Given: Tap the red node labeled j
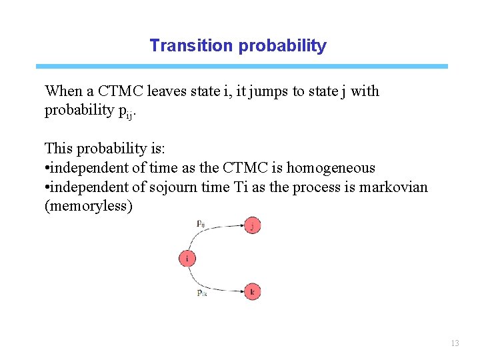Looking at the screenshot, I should click(252, 226).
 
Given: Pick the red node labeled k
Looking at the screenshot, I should click(252, 291).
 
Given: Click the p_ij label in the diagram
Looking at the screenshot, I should click(201, 224).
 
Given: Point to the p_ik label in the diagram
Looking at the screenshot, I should click(201, 293).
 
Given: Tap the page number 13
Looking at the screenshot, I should click(455, 343).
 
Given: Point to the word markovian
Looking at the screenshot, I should click(393, 187).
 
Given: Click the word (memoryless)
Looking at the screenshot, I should click(89, 206).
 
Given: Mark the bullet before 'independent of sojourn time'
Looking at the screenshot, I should click(47, 188).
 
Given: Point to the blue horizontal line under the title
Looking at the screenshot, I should click(241, 67).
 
